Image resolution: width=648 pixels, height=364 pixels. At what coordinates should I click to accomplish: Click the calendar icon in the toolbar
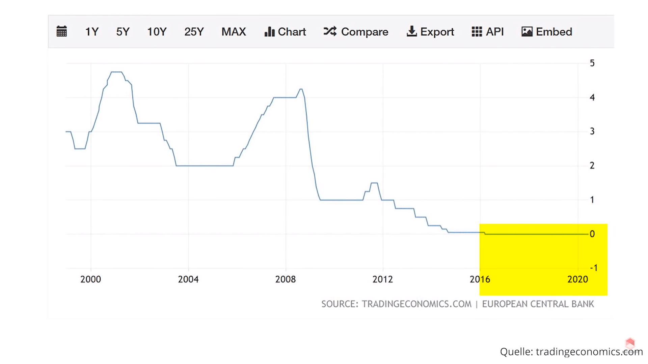pyautogui.click(x=61, y=31)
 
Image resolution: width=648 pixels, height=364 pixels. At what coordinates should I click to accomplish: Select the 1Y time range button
pyautogui.click(x=91, y=32)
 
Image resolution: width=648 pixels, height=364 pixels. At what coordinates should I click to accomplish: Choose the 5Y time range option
pyautogui.click(x=123, y=32)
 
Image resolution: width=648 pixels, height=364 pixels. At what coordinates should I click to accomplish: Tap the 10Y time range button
pyautogui.click(x=157, y=32)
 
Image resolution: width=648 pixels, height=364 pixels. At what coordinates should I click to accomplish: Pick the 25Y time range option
pyautogui.click(x=194, y=32)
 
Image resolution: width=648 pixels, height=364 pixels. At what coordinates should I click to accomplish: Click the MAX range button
pyautogui.click(x=234, y=32)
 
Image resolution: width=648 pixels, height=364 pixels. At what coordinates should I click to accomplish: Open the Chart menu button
pyautogui.click(x=285, y=32)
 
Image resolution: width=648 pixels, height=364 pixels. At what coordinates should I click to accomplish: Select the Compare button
pyautogui.click(x=356, y=32)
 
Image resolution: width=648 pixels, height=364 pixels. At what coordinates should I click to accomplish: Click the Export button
pyautogui.click(x=430, y=32)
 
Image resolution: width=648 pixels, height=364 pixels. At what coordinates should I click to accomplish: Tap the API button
pyautogui.click(x=488, y=32)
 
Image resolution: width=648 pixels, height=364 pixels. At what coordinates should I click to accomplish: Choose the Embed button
pyautogui.click(x=547, y=32)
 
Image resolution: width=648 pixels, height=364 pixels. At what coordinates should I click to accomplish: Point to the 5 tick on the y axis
pyautogui.click(x=592, y=63)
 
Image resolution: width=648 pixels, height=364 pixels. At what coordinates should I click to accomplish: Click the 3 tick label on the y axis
pyautogui.click(x=592, y=131)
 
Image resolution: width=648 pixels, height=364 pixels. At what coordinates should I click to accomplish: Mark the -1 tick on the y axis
pyautogui.click(x=594, y=268)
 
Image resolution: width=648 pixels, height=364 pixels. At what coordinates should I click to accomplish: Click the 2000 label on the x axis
pyautogui.click(x=90, y=279)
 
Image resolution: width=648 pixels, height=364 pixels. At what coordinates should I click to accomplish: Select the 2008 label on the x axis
pyautogui.click(x=286, y=279)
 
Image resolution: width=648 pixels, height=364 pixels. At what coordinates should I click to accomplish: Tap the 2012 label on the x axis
pyautogui.click(x=383, y=279)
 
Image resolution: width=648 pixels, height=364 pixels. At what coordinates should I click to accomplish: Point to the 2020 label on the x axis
pyautogui.click(x=577, y=279)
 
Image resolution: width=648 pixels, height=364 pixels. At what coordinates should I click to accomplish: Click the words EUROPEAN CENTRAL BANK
pyautogui.click(x=538, y=304)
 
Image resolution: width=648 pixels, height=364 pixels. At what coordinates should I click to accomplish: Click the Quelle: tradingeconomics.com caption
pyautogui.click(x=571, y=352)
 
